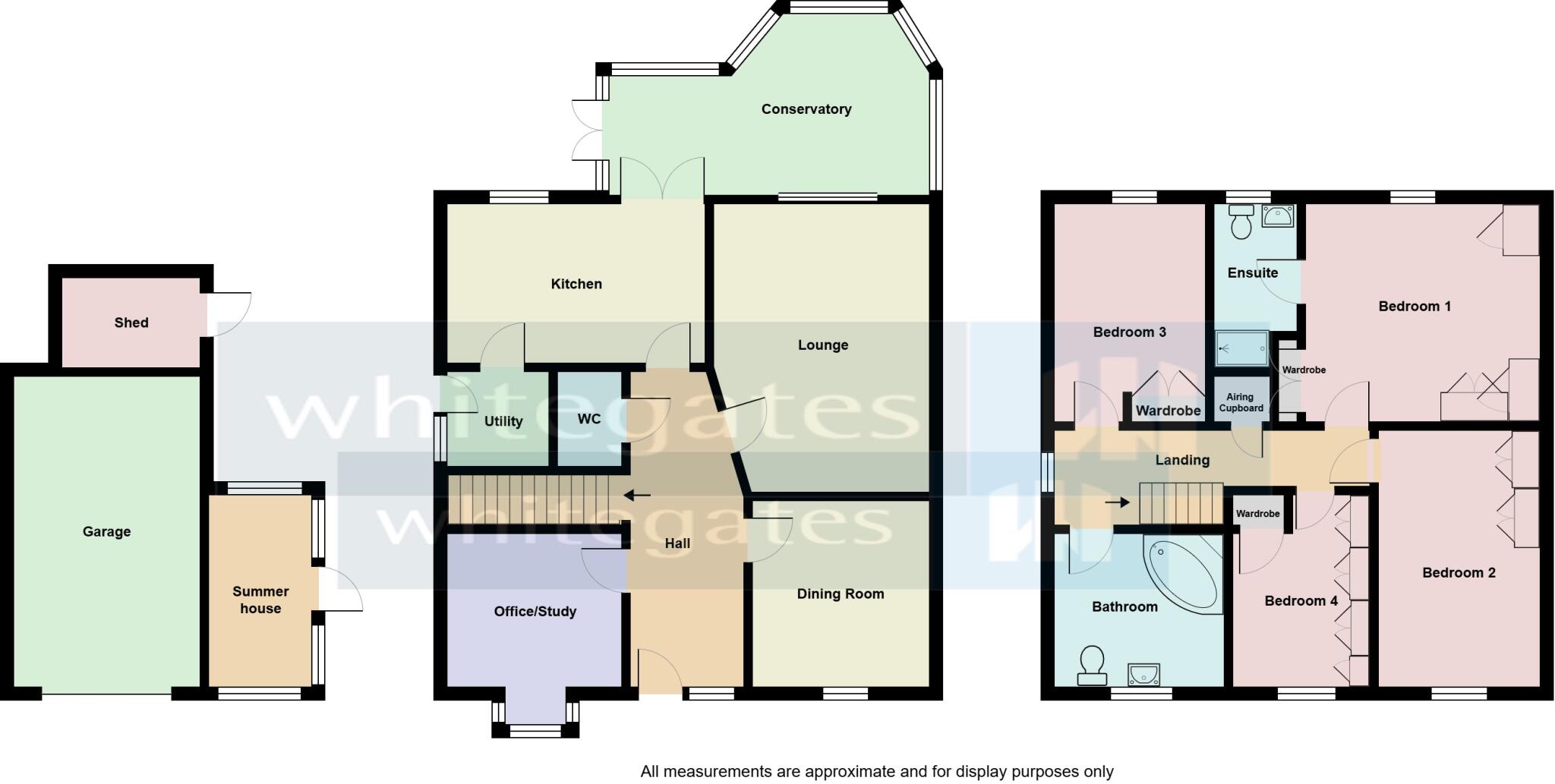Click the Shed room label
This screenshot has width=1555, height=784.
[131, 323]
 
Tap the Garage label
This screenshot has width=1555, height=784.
[106, 532]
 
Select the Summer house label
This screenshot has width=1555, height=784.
[260, 600]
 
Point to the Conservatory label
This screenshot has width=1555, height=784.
[806, 109]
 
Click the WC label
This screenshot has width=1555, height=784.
[588, 419]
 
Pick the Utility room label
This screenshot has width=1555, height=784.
[503, 421]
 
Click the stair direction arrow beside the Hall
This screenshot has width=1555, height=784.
[637, 496]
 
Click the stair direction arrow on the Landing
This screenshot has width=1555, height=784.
[1117, 502]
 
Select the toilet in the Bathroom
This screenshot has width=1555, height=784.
[1092, 666]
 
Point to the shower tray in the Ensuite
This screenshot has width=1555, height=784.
[1241, 349]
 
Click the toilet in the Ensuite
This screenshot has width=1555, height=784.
[1241, 221]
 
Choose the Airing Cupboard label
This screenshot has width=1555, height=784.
[1241, 402]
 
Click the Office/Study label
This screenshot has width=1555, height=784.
[535, 612]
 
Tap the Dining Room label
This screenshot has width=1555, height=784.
[840, 594]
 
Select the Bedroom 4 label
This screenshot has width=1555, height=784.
[1301, 601]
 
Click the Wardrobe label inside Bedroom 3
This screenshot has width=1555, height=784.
[1168, 411]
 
